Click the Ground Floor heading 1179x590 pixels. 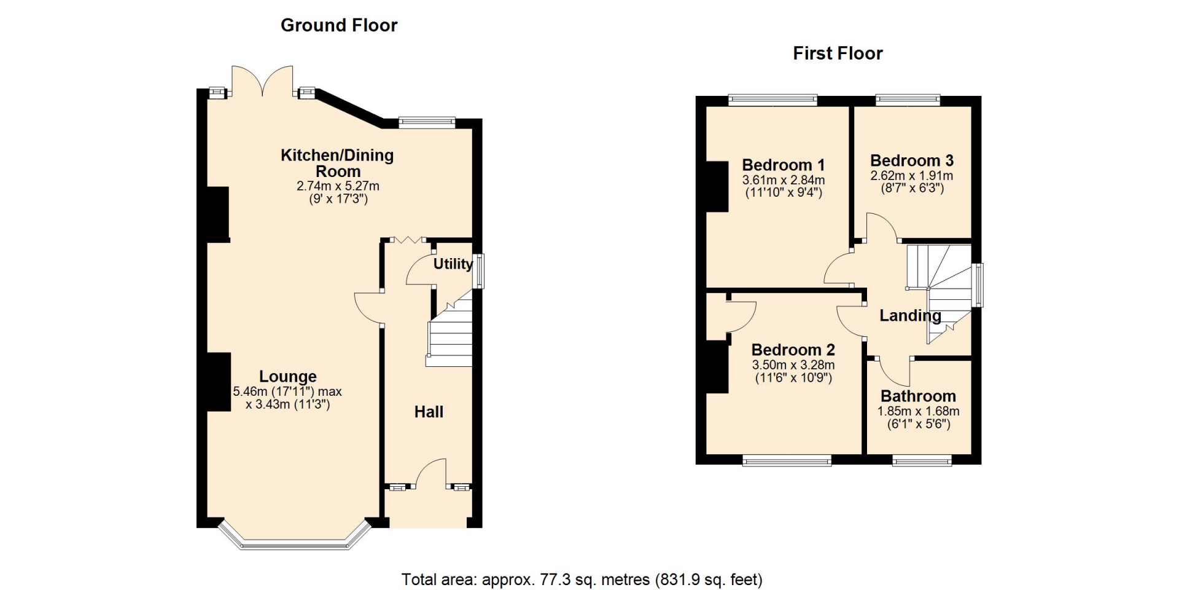pyautogui.click(x=339, y=25)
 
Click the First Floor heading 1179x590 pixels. pyautogui.click(x=838, y=53)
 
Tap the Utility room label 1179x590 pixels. pyautogui.click(x=453, y=264)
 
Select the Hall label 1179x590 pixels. pyautogui.click(x=429, y=412)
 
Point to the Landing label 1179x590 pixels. pyautogui.click(x=910, y=316)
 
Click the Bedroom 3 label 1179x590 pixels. pyautogui.click(x=912, y=160)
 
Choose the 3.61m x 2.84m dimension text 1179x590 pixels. pyautogui.click(x=784, y=180)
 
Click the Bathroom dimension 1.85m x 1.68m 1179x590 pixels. pyautogui.click(x=918, y=411)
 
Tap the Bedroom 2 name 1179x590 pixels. pyautogui.click(x=793, y=350)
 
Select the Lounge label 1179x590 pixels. pyautogui.click(x=287, y=376)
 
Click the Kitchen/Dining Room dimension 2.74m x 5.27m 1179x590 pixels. pyautogui.click(x=338, y=186)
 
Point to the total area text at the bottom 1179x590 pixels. pyautogui.click(x=582, y=580)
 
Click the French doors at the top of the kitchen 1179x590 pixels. pyautogui.click(x=262, y=81)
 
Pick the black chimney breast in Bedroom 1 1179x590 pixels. pyautogui.click(x=717, y=186)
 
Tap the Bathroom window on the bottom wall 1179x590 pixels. pyautogui.click(x=922, y=460)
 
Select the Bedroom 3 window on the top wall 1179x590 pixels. pyautogui.click(x=908, y=100)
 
